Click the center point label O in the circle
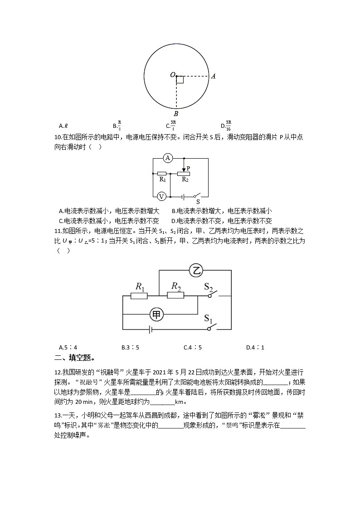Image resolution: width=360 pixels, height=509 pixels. click(173, 75)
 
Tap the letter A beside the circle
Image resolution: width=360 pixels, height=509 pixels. click(213, 76)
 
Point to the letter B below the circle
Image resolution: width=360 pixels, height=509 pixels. click(176, 114)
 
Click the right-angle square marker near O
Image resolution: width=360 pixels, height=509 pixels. click(180, 80)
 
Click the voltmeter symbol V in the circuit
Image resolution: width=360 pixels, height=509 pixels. click(161, 196)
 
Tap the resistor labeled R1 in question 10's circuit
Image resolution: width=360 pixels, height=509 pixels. click(161, 174)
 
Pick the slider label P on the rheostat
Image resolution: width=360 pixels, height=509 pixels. click(188, 168)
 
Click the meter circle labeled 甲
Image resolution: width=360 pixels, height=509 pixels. click(156, 314)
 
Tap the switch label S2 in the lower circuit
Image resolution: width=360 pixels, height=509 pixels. click(209, 287)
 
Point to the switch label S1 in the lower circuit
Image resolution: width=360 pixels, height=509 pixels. click(208, 319)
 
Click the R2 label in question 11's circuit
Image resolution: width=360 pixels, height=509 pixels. click(176, 286)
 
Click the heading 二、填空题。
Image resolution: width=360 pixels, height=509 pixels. click(74, 358)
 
